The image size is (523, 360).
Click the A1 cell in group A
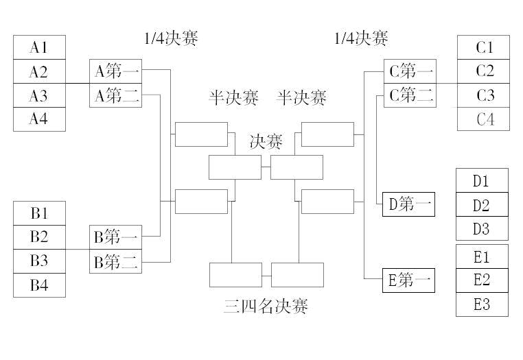39,47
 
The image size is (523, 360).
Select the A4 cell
39,119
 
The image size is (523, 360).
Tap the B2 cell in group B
39,237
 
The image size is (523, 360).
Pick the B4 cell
39,285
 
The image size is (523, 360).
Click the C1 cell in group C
483,47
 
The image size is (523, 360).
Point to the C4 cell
483,119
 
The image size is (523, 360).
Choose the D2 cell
482,204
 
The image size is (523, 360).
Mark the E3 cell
482,304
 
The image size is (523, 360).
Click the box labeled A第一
116,71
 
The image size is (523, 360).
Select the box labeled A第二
116,95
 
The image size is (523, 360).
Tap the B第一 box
116,237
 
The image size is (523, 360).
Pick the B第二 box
116,261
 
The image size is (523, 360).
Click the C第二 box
410,95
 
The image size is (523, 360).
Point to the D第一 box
408,204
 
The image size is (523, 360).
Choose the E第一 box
408,280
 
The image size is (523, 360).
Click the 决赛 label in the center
266,142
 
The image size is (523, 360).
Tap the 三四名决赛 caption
266,306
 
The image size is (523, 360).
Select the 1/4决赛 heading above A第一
171,38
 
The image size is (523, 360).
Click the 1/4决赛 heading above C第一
361,38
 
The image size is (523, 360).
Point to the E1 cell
482,256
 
